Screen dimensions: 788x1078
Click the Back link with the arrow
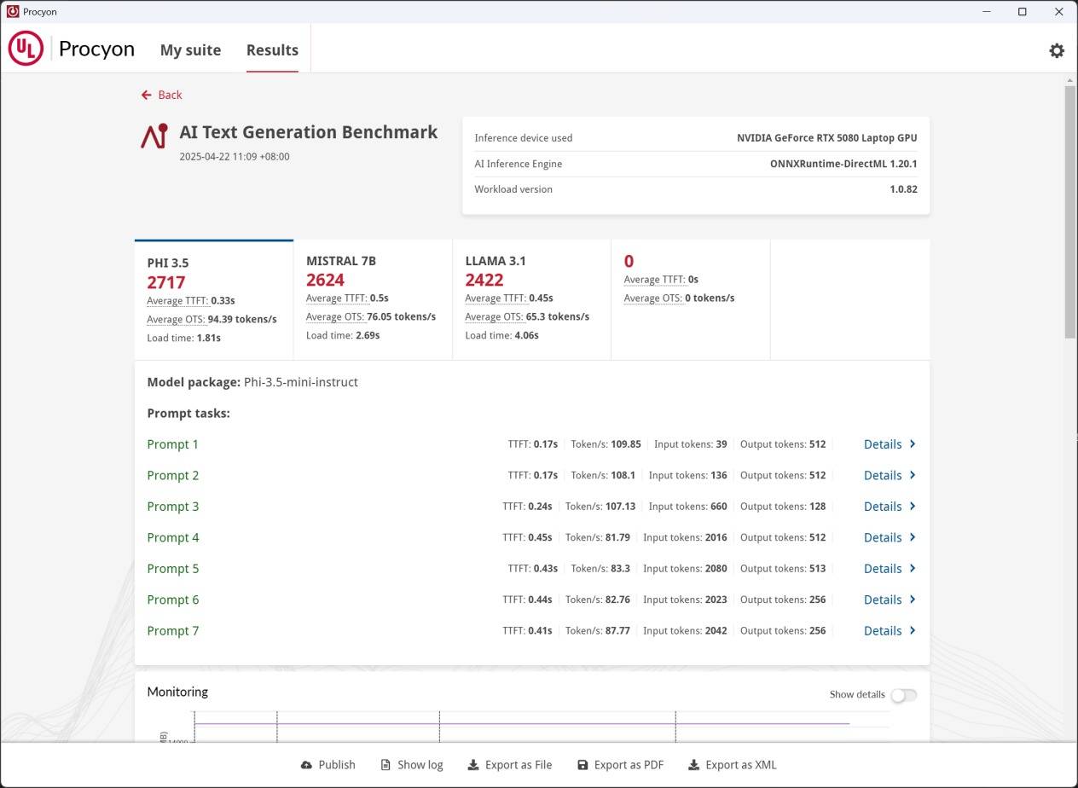click(162, 95)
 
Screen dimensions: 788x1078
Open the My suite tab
click(190, 50)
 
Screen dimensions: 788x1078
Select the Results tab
click(272, 50)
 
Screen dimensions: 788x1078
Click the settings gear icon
click(1057, 50)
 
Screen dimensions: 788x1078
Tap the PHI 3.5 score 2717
click(166, 282)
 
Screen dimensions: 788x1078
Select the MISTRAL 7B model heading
click(341, 261)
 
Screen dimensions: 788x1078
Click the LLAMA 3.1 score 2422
click(484, 280)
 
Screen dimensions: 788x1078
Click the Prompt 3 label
click(173, 507)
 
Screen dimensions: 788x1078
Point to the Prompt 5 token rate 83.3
click(620, 569)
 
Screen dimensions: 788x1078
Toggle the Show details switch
click(903, 695)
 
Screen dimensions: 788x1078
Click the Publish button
click(328, 765)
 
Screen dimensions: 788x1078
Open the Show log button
click(412, 765)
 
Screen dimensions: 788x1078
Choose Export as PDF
click(620, 765)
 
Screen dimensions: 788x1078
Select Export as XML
click(733, 765)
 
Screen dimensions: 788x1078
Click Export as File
click(510, 765)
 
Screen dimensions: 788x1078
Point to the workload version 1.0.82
click(903, 189)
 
